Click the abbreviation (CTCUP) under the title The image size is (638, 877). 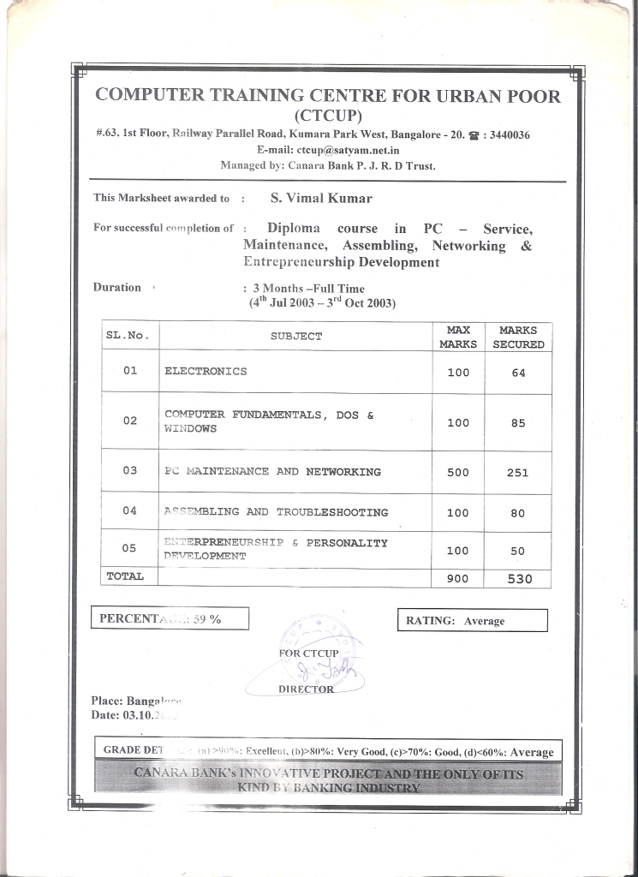(x=329, y=116)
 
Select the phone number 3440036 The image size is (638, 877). (x=510, y=134)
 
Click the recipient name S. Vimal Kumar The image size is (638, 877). (x=321, y=198)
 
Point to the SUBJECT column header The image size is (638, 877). (x=296, y=337)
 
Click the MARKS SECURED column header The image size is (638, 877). (x=518, y=337)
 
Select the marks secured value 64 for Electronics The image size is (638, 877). (x=518, y=373)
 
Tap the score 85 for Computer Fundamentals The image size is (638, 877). (x=518, y=423)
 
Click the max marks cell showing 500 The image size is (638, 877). (x=458, y=472)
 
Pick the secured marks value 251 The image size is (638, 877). (x=518, y=472)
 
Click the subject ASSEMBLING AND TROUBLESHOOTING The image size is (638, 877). (x=276, y=512)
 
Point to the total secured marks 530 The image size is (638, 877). (x=519, y=579)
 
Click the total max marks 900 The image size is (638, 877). (x=458, y=579)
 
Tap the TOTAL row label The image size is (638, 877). (x=125, y=576)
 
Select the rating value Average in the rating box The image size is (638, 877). (x=485, y=621)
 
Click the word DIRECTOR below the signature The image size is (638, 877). (x=306, y=689)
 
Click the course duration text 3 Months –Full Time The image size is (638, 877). (x=308, y=289)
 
